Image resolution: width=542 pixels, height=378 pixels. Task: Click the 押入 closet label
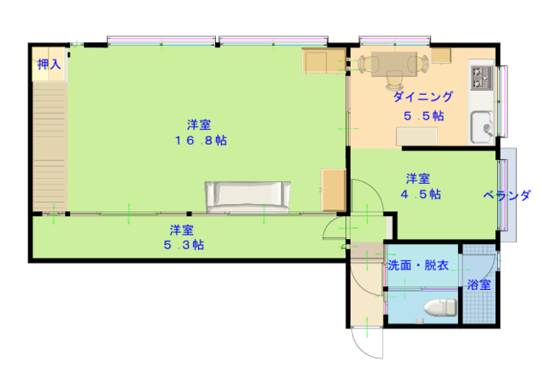pos(49,64)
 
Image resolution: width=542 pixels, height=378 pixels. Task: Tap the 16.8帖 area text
pos(201,141)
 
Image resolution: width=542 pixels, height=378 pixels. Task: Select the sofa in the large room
pos(247,197)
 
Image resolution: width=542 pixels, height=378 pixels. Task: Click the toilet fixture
pos(440,308)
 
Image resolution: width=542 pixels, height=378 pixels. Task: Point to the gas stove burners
pos(482,78)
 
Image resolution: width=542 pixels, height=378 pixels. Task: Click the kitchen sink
pos(482,127)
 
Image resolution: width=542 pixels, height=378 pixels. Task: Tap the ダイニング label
pos(423,97)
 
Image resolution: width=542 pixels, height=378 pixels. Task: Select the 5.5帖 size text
pos(423,116)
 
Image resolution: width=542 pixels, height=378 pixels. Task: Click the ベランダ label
pos(506,196)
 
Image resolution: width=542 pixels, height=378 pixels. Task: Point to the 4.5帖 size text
pos(421,194)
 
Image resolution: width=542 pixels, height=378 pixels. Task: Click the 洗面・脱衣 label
pos(418,265)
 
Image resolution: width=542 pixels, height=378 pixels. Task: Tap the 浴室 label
pos(479,285)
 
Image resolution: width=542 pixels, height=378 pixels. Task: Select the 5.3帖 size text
pos(184,245)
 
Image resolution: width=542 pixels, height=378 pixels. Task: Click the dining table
pos(394,64)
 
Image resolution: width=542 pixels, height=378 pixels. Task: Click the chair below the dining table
pos(394,81)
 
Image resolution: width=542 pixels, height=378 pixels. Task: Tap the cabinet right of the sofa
pos(333,190)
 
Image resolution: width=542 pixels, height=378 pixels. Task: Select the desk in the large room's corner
pos(324,60)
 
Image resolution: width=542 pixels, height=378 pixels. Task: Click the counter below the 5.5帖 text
pos(417,136)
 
